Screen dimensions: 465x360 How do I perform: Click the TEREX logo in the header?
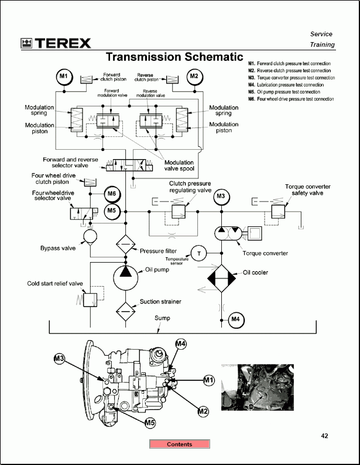coord(56,43)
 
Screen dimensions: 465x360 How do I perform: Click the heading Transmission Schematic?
coord(174,57)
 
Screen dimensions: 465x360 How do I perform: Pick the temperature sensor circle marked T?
coord(198,253)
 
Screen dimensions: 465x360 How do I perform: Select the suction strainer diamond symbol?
coord(126,309)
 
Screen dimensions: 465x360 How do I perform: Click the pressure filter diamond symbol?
coord(126,244)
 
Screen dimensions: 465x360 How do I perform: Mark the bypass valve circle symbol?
coord(91,236)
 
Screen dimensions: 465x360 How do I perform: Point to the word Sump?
coord(162,318)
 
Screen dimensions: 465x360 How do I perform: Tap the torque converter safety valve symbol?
coord(278,209)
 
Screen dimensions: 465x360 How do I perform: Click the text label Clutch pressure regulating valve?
coord(190,187)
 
